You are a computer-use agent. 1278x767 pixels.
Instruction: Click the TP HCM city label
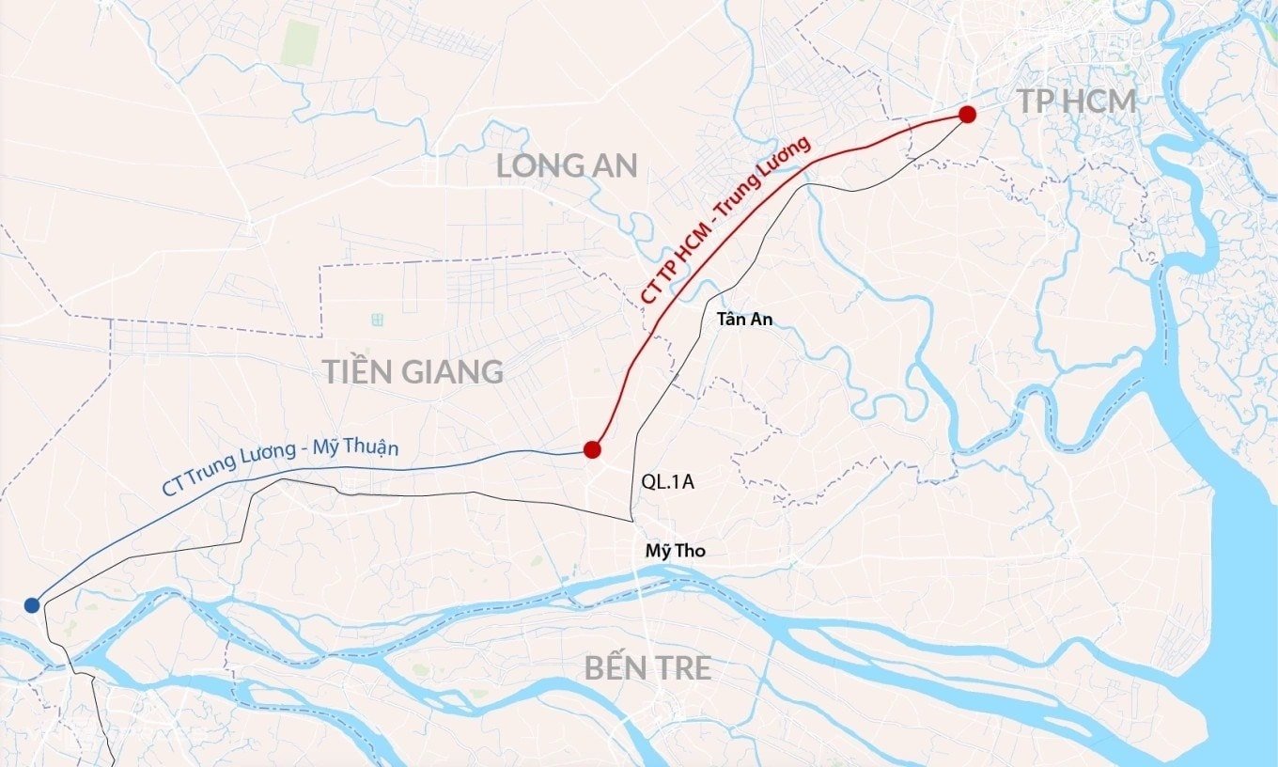[x=1078, y=102]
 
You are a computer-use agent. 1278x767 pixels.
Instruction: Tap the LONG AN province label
[x=567, y=166]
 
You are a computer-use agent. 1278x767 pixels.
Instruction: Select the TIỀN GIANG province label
[x=413, y=371]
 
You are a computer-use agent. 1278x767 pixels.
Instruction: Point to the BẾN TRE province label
[x=647, y=668]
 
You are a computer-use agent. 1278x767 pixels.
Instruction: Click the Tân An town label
[x=744, y=320]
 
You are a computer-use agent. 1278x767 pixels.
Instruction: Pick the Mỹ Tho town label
[x=675, y=551]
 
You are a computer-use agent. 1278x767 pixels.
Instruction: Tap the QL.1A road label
[x=668, y=481]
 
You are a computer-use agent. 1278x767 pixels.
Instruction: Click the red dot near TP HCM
[x=967, y=115]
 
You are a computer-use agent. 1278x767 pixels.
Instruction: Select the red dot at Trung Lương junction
[x=592, y=449]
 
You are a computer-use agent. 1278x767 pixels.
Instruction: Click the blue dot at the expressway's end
[x=32, y=604]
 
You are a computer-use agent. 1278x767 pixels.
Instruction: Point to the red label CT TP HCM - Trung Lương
[x=725, y=220]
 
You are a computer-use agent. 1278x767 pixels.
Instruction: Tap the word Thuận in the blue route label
[x=373, y=449]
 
